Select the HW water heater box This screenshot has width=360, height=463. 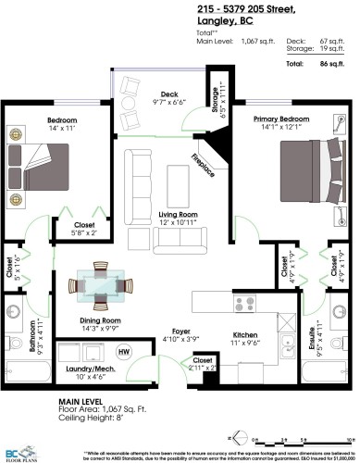(123, 352)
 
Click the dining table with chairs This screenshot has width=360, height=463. (103, 284)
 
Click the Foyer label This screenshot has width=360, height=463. (173, 332)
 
